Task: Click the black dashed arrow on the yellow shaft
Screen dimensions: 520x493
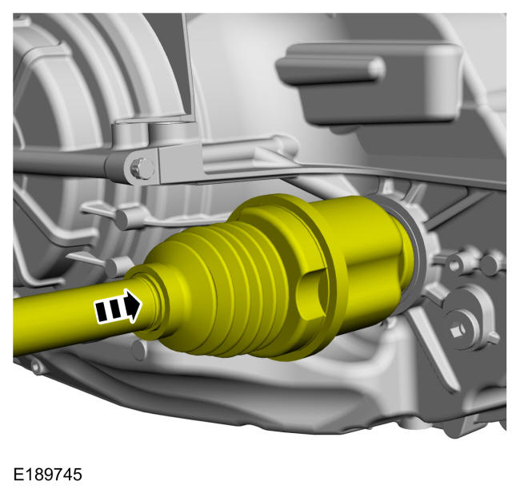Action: point(118,306)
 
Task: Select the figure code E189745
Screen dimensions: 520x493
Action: point(47,475)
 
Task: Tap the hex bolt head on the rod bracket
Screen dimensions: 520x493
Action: point(142,169)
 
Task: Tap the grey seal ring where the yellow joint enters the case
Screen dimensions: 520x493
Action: point(411,252)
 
